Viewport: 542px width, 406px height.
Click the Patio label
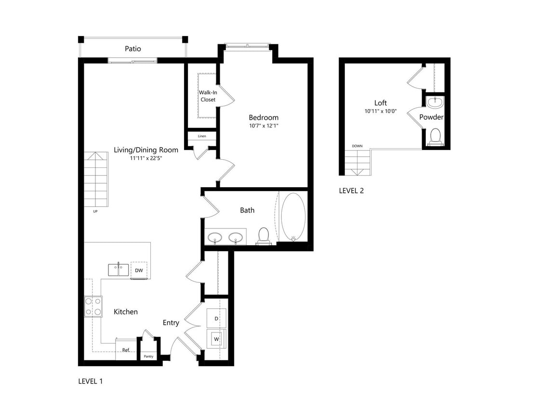coord(133,49)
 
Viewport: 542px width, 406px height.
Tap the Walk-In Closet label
coord(208,96)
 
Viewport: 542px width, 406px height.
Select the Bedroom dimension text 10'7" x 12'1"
coord(264,126)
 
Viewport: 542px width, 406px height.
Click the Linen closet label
coord(201,136)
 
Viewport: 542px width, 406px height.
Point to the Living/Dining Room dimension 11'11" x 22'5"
coord(146,158)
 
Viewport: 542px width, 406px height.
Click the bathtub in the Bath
coord(293,217)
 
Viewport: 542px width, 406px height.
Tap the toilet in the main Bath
coord(264,235)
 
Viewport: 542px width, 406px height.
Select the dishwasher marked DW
coord(139,270)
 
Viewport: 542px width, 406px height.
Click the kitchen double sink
coord(118,269)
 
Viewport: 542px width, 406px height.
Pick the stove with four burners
coord(93,306)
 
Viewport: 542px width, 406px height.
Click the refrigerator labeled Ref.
coord(125,350)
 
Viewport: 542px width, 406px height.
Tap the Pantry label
coord(148,356)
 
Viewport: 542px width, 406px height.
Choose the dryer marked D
coord(216,318)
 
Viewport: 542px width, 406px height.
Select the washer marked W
coord(216,339)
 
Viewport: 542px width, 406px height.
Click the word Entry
coord(171,323)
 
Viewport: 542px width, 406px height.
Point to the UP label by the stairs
coord(95,211)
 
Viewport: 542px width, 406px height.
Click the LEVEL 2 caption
coord(351,190)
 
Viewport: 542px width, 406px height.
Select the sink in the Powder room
coord(436,102)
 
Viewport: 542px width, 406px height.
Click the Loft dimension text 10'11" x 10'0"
coord(380,111)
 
